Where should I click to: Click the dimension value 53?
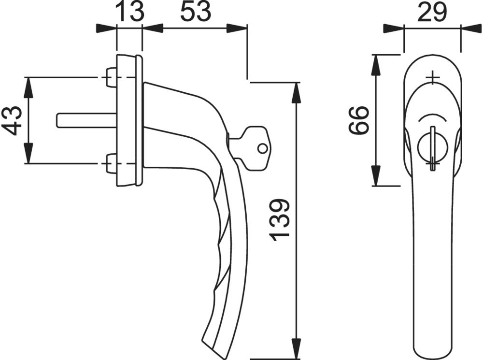(x=195, y=11)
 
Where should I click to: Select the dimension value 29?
(x=432, y=11)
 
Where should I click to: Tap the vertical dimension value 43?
(x=13, y=120)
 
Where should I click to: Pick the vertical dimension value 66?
(x=358, y=120)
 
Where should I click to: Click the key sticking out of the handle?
(x=250, y=148)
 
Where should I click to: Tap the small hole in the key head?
(x=262, y=148)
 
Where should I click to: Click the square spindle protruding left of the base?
(x=86, y=120)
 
